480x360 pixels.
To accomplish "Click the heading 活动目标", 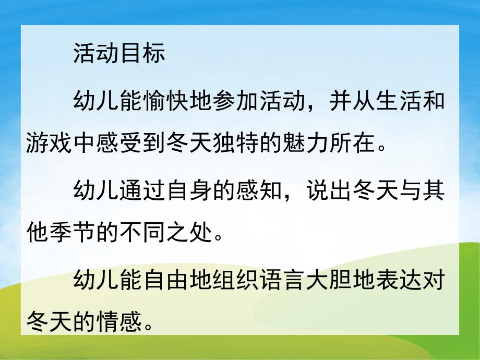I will coord(119,54).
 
